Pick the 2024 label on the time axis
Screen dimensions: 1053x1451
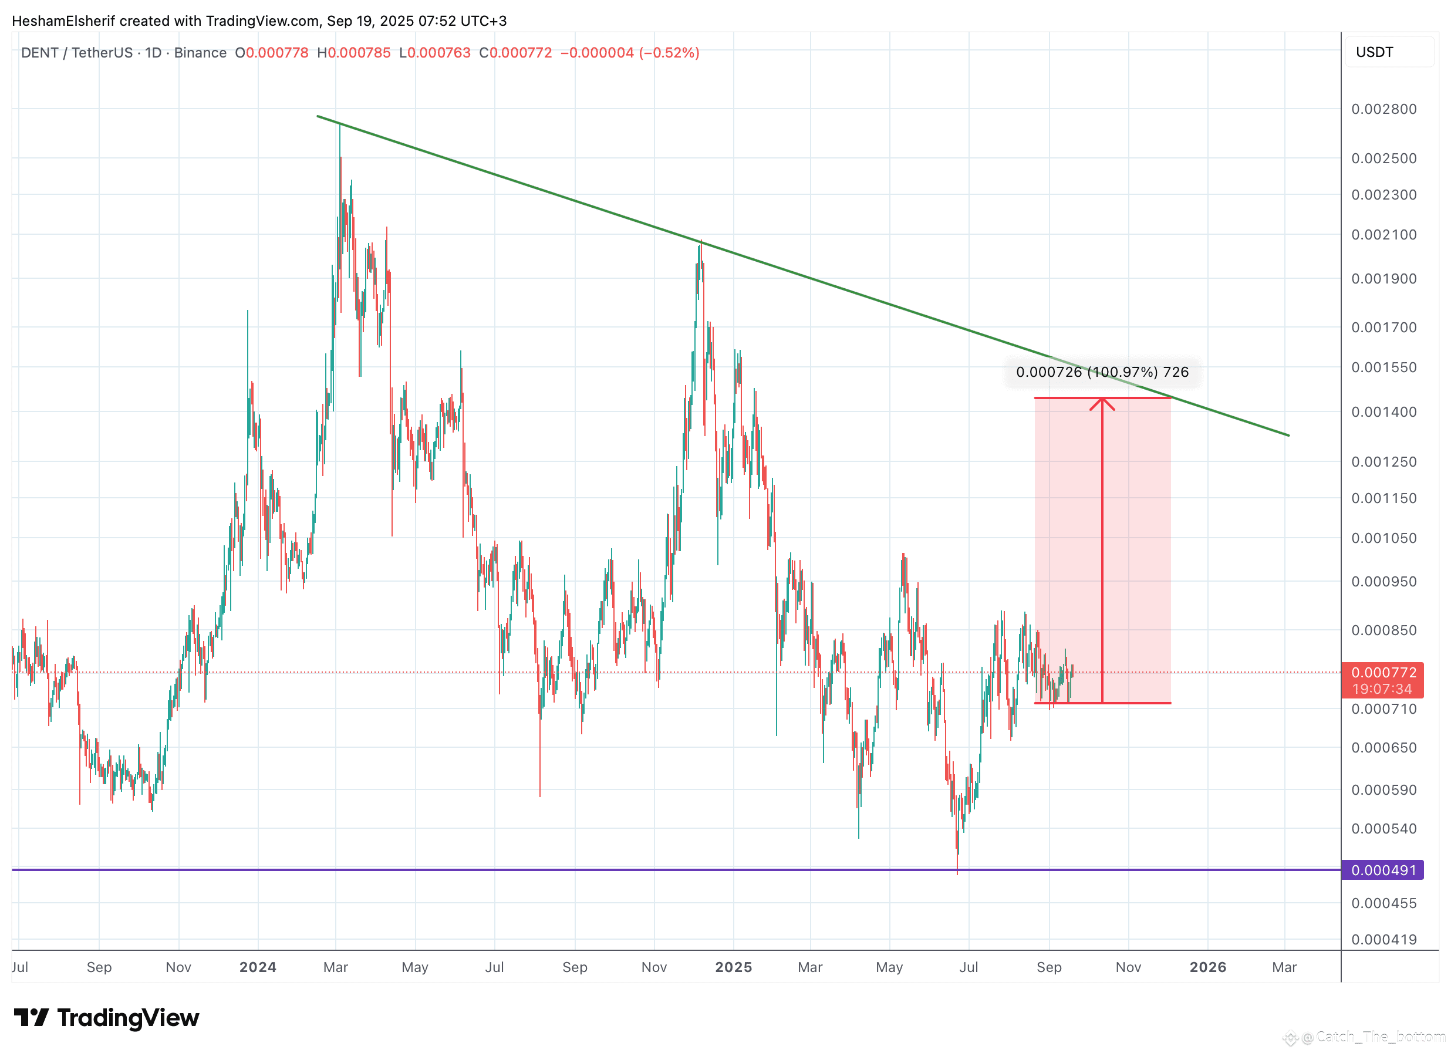pos(258,967)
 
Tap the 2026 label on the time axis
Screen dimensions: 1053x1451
pos(1208,967)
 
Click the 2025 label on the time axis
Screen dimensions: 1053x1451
pos(733,967)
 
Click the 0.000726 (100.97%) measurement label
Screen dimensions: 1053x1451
pos(1102,372)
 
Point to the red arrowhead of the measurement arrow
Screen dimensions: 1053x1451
pos(1102,403)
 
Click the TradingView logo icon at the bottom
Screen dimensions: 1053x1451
pos(31,1017)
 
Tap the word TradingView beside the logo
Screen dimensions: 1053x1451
pos(128,1018)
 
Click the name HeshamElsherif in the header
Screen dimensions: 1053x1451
pos(63,21)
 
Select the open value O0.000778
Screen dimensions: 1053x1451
pos(271,52)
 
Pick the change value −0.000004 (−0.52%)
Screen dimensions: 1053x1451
pos(630,52)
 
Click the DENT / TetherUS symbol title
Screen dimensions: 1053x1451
pos(77,52)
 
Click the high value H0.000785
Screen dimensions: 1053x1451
pos(354,52)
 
